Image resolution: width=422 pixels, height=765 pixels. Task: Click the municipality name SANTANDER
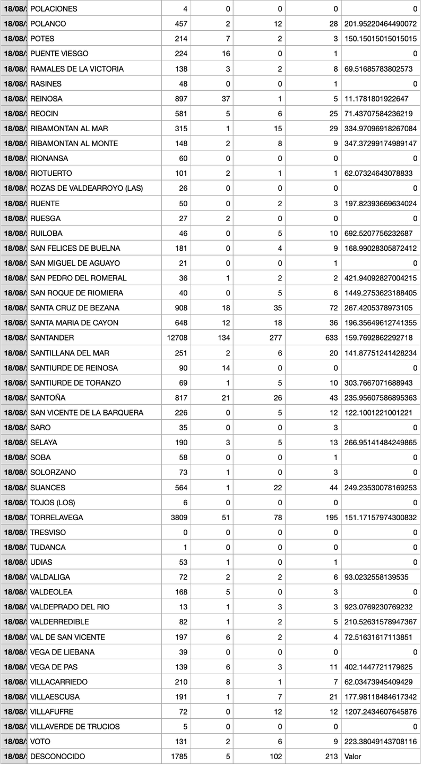52,338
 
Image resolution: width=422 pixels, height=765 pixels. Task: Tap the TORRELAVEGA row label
57,517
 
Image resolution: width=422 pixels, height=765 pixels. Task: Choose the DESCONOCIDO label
57,756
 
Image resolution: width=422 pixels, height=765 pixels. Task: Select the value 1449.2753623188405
380,293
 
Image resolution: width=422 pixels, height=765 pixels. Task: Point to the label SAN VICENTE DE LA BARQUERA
87,413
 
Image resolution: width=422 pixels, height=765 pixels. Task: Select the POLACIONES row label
54,9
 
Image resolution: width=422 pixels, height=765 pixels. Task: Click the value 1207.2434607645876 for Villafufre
380,711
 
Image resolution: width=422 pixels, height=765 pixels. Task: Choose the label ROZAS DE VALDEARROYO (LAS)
87,188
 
